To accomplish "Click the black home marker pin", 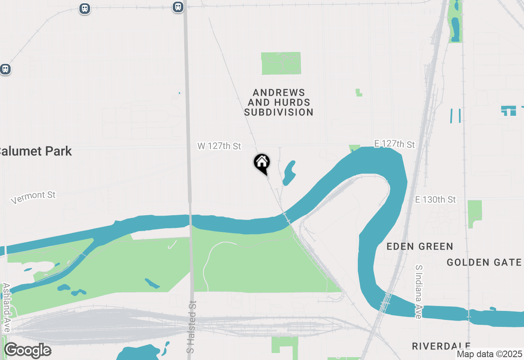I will click(x=262, y=163).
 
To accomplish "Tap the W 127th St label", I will click(x=219, y=146).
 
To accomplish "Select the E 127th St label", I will click(x=394, y=144).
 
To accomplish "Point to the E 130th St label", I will click(x=435, y=200).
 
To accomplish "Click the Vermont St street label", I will click(x=33, y=197).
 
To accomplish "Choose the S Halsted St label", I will click(x=192, y=327).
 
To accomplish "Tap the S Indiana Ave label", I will click(x=418, y=292).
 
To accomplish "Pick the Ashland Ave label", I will click(x=7, y=307).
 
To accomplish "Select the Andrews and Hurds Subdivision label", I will click(x=279, y=103).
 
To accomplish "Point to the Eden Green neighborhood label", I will click(x=420, y=246).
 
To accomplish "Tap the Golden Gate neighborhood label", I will click(x=484, y=262).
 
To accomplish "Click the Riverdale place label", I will click(x=441, y=346).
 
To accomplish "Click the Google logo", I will click(x=27, y=351).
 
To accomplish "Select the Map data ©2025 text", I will click(x=489, y=354).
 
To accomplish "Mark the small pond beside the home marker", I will click(x=288, y=173).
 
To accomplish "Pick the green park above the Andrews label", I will click(x=281, y=63).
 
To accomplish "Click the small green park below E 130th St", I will click(x=475, y=213).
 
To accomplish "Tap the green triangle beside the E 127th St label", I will click(x=354, y=148).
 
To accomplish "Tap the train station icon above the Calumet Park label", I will click(x=5, y=69).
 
